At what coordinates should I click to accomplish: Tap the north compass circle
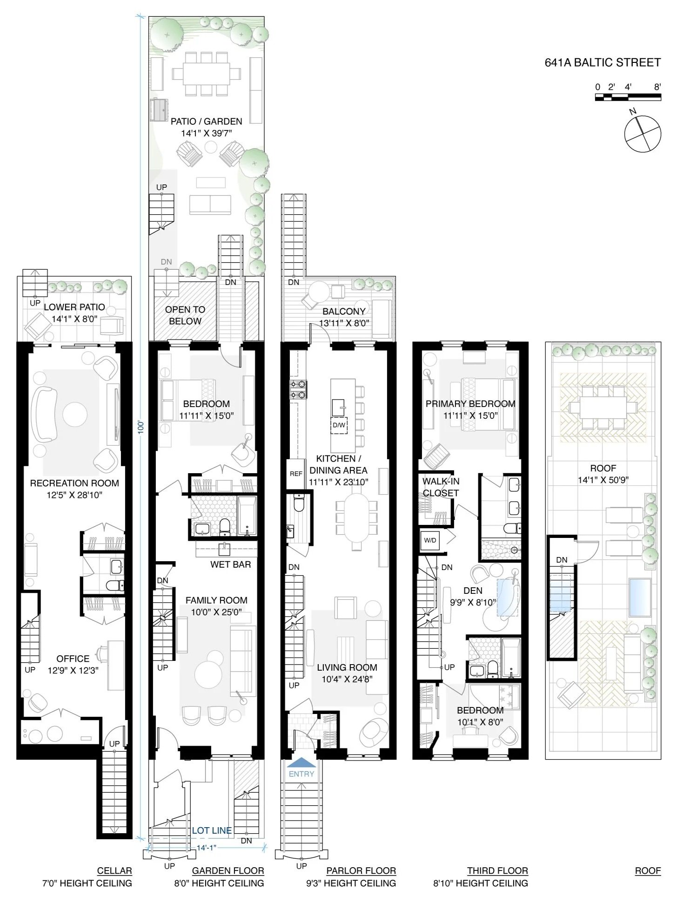pyautogui.click(x=642, y=133)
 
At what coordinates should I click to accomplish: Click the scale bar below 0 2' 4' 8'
pyautogui.click(x=628, y=97)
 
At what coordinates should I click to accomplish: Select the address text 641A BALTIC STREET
pyautogui.click(x=603, y=62)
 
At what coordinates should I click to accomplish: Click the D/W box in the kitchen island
pyautogui.click(x=339, y=425)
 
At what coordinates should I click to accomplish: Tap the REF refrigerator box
pyautogui.click(x=296, y=474)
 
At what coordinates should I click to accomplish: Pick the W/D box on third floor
pyautogui.click(x=430, y=540)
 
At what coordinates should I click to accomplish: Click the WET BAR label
pyautogui.click(x=230, y=564)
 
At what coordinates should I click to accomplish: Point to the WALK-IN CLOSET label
pyautogui.click(x=440, y=487)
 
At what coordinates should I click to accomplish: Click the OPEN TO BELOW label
pyautogui.click(x=185, y=315)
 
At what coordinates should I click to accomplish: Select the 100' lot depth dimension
pyautogui.click(x=141, y=428)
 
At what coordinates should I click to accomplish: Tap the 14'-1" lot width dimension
pyautogui.click(x=207, y=848)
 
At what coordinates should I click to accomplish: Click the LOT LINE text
pyautogui.click(x=212, y=830)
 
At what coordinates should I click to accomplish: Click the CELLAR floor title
pyautogui.click(x=114, y=871)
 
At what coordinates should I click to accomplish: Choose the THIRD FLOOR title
pyautogui.click(x=497, y=871)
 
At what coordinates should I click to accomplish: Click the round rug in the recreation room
pyautogui.click(x=75, y=414)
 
